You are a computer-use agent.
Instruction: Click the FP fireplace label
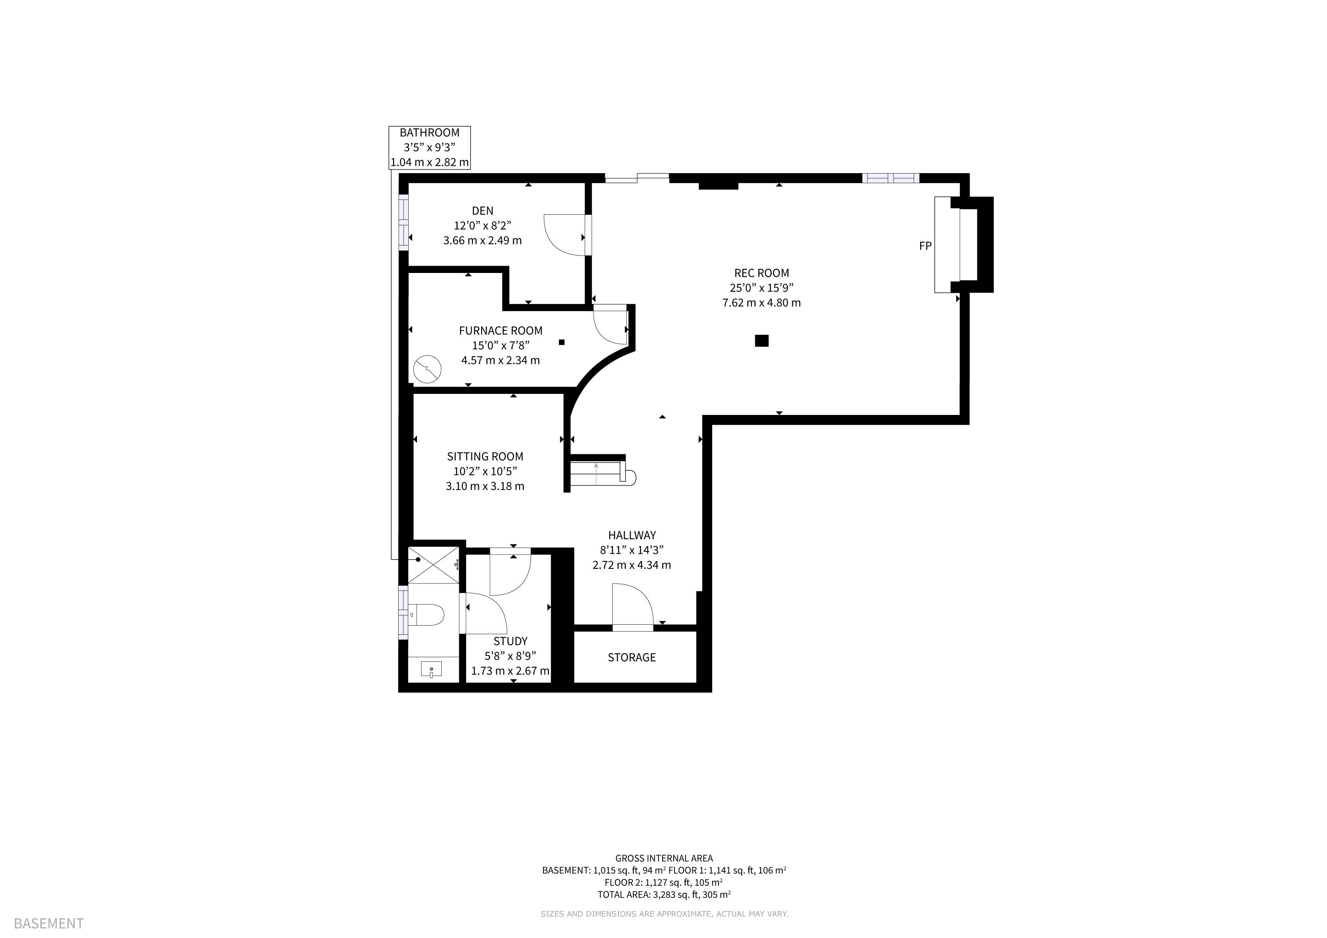[925, 246]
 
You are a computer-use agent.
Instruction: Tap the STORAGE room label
[632, 657]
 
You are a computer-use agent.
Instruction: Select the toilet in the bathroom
[426, 615]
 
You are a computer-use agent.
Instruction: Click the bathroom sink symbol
[431, 670]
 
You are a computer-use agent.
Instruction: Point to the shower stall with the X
[433, 564]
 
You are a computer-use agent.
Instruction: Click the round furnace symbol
[428, 369]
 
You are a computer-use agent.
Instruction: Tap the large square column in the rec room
[762, 341]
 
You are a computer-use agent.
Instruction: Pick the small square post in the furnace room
[561, 342]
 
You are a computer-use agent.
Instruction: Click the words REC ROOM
[761, 273]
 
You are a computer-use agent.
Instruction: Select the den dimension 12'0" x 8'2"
[483, 225]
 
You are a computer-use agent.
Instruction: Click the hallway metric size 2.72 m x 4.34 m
[632, 565]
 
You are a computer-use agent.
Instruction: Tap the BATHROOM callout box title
[429, 132]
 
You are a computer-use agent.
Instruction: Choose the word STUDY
[510, 641]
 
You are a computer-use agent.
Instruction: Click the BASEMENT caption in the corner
[49, 923]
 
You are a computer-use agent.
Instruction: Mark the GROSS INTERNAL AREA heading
[664, 858]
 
